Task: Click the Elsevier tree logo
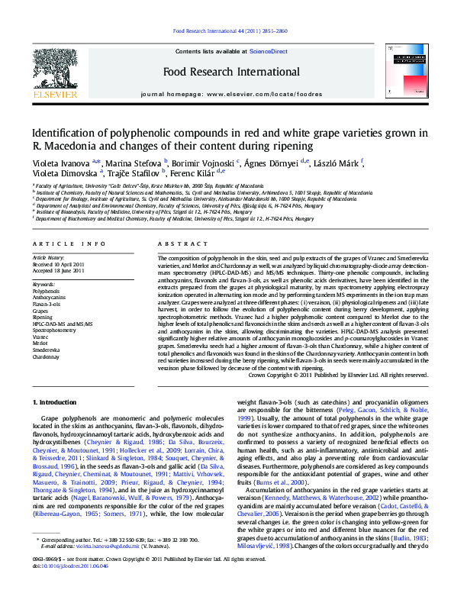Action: click(x=54, y=69)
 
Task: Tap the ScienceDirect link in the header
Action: click(x=269, y=50)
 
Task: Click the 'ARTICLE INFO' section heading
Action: click(x=69, y=244)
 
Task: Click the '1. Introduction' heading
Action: click(x=56, y=402)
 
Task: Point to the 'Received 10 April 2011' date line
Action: click(x=60, y=264)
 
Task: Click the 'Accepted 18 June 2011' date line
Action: click(x=59, y=271)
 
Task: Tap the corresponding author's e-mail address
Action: click(x=92, y=568)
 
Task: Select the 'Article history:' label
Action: click(x=47, y=258)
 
